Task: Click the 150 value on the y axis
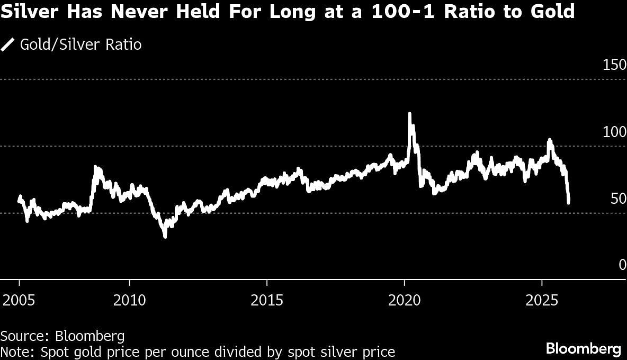pyautogui.click(x=615, y=65)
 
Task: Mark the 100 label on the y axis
pyautogui.click(x=615, y=132)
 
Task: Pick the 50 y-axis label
pyautogui.click(x=619, y=199)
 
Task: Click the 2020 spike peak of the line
pyautogui.click(x=409, y=114)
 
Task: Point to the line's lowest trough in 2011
pyautogui.click(x=165, y=236)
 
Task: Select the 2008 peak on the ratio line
pyautogui.click(x=96, y=168)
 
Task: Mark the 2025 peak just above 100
pyautogui.click(x=550, y=140)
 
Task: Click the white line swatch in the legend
pyautogui.click(x=8, y=44)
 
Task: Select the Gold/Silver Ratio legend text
pyautogui.click(x=80, y=44)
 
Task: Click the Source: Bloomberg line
pyautogui.click(x=62, y=336)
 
